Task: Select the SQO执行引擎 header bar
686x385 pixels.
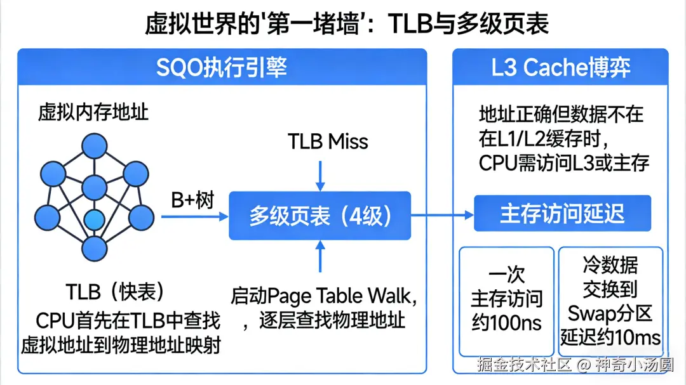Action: pos(222,68)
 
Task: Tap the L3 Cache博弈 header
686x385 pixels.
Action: pos(560,68)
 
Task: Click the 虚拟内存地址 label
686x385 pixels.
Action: pos(93,113)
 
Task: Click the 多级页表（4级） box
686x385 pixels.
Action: pos(320,216)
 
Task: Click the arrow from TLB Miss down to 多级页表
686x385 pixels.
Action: pos(321,174)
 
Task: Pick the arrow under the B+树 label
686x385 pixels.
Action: pos(194,216)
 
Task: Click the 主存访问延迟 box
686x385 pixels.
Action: pos(562,213)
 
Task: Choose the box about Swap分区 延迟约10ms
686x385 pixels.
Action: pos(610,301)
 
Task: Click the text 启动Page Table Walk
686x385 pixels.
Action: pos(324,296)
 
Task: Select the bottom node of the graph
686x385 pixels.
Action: pos(94,248)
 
